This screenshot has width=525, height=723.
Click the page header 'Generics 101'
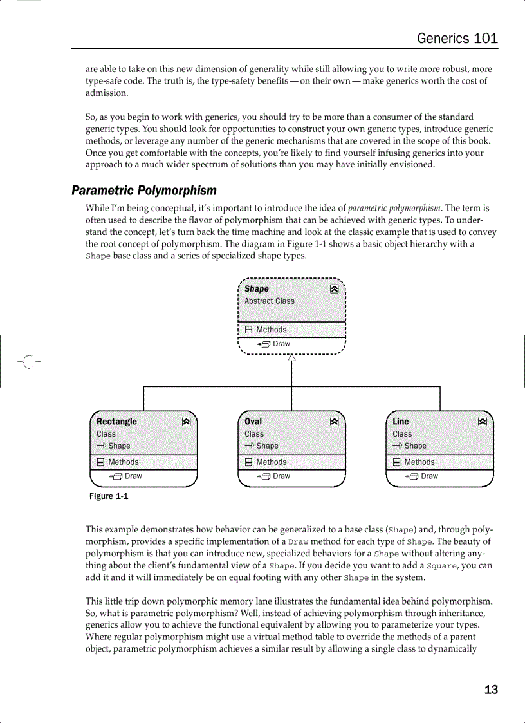(457, 38)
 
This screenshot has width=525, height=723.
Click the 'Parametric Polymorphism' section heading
(143, 191)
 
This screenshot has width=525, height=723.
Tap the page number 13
(491, 690)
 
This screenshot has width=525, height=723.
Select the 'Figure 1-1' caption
(109, 496)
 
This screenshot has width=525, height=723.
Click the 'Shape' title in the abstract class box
(257, 289)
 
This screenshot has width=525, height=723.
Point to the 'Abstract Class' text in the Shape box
(269, 301)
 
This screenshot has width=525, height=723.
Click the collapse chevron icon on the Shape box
(335, 289)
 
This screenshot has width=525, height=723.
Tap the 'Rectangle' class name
(116, 422)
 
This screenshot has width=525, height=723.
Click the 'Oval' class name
(253, 422)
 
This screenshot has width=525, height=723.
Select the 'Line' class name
(400, 422)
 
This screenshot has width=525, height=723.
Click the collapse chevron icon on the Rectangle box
(186, 422)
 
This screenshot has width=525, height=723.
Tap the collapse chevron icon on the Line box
(483, 422)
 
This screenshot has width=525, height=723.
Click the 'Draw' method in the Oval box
(281, 476)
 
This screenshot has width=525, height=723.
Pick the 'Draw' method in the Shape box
(281, 344)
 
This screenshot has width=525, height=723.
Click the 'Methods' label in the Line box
(419, 462)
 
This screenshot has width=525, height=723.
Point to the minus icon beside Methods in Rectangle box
(100, 462)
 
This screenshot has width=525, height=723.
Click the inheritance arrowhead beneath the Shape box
(291, 359)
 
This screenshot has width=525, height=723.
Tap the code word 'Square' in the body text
(443, 566)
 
